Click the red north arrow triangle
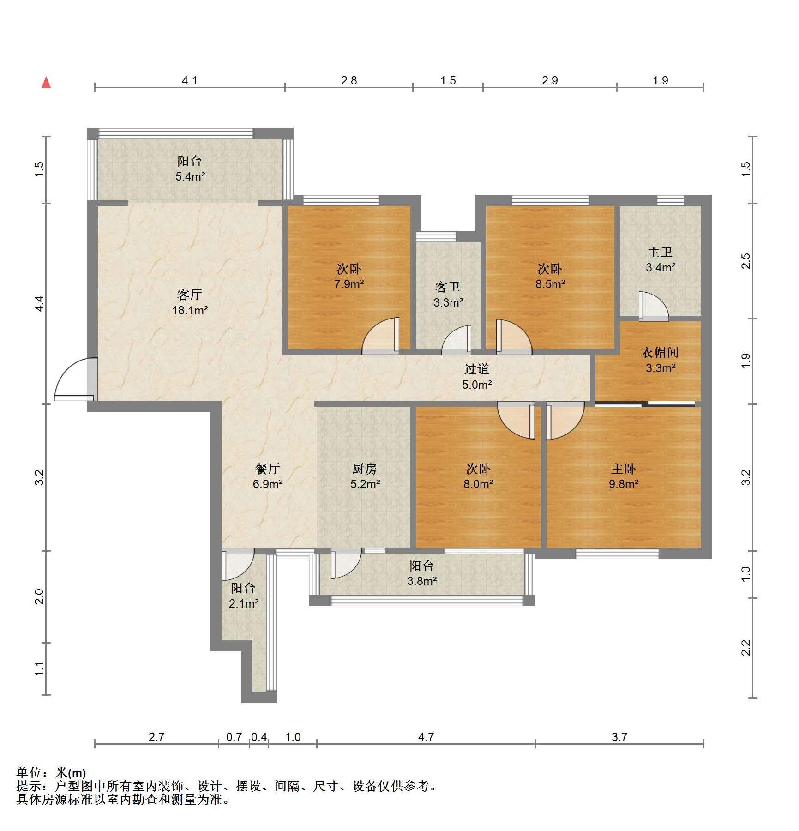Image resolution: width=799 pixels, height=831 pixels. point(46,82)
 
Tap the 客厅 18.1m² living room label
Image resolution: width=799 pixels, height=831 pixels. point(190,302)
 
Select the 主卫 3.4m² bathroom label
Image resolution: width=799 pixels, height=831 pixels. point(661,259)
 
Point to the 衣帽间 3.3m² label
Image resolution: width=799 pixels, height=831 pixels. point(660,360)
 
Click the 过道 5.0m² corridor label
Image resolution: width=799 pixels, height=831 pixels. point(477,376)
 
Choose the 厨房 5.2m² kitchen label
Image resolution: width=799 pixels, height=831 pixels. point(365,476)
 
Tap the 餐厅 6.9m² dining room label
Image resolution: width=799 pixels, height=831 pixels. point(268,476)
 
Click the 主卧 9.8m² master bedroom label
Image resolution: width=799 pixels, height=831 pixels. point(624,476)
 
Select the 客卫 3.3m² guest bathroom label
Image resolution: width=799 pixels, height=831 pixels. point(448,295)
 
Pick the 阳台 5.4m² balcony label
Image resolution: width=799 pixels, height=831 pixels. point(190,168)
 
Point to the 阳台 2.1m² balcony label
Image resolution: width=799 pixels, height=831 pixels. point(243,596)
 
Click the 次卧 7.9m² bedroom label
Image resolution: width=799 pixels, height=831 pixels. point(349,276)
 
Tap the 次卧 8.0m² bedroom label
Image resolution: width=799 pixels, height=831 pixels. point(478,476)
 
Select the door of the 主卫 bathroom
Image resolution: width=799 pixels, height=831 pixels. point(654,306)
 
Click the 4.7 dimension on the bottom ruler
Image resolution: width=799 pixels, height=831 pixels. point(426,737)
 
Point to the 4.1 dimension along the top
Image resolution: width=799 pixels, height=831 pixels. point(189,81)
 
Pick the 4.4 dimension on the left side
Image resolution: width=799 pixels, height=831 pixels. point(39,303)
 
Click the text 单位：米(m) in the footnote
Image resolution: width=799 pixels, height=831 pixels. point(51,772)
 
